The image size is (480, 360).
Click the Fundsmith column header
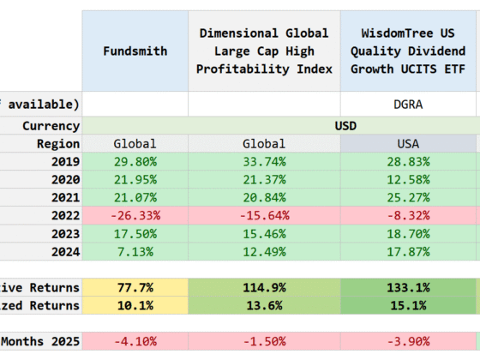tap(135, 51)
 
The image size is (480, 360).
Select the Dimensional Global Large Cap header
tap(263, 51)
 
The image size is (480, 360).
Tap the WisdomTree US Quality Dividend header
tap(408, 51)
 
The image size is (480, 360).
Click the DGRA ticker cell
tap(408, 104)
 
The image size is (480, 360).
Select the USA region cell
tap(408, 144)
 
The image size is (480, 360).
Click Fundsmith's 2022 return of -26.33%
tap(135, 216)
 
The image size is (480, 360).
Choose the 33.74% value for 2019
tap(263, 162)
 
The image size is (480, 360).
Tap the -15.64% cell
tap(263, 216)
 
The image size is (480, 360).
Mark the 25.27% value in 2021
tap(408, 198)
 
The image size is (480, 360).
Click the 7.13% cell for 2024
tap(135, 252)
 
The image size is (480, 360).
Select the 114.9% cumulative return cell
tap(263, 288)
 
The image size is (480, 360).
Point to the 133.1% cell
tap(408, 288)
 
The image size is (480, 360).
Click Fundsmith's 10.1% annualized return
tap(135, 306)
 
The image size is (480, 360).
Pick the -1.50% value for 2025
tap(263, 342)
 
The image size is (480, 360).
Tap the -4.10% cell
tap(135, 342)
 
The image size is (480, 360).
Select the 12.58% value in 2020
tap(408, 180)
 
